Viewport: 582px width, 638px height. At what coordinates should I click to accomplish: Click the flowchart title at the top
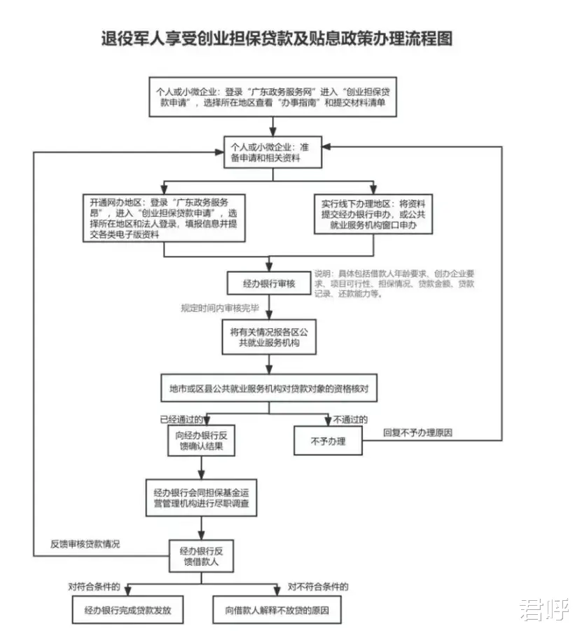pyautogui.click(x=277, y=39)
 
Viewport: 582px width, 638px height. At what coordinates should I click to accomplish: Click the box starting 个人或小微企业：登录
pyautogui.click(x=272, y=97)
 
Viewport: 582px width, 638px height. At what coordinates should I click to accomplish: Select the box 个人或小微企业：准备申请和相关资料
pyautogui.click(x=272, y=152)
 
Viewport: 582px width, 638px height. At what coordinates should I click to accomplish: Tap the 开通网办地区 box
pyautogui.click(x=164, y=218)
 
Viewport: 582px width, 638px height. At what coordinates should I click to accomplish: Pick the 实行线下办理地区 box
pyautogui.click(x=373, y=214)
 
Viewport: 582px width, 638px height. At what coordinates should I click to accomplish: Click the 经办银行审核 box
pyautogui.click(x=269, y=283)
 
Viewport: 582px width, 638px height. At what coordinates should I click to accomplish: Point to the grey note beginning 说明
pyautogui.click(x=394, y=284)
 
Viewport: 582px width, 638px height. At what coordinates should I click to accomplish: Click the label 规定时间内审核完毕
pyautogui.click(x=220, y=308)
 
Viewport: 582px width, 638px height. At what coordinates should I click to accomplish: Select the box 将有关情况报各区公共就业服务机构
pyautogui.click(x=269, y=337)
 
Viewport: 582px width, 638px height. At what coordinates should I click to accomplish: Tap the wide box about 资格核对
pyautogui.click(x=269, y=388)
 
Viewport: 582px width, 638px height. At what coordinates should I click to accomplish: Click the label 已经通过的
pyautogui.click(x=181, y=419)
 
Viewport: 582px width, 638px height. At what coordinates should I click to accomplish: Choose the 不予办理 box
pyautogui.click(x=328, y=441)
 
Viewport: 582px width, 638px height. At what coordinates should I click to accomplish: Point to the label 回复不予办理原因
pyautogui.click(x=418, y=433)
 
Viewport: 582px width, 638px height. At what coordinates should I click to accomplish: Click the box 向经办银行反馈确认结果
pyautogui.click(x=201, y=441)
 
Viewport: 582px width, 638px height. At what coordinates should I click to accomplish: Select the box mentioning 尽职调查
pyautogui.click(x=201, y=498)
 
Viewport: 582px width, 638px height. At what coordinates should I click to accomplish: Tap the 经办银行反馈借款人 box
pyautogui.click(x=201, y=556)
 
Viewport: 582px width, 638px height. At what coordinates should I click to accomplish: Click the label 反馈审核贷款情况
pyautogui.click(x=85, y=544)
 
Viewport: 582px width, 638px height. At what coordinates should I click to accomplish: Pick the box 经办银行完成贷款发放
pyautogui.click(x=127, y=610)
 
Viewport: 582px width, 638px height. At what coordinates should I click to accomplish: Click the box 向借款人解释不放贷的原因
pyautogui.click(x=277, y=610)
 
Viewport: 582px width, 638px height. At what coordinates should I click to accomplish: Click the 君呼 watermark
pyautogui.click(x=543, y=609)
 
